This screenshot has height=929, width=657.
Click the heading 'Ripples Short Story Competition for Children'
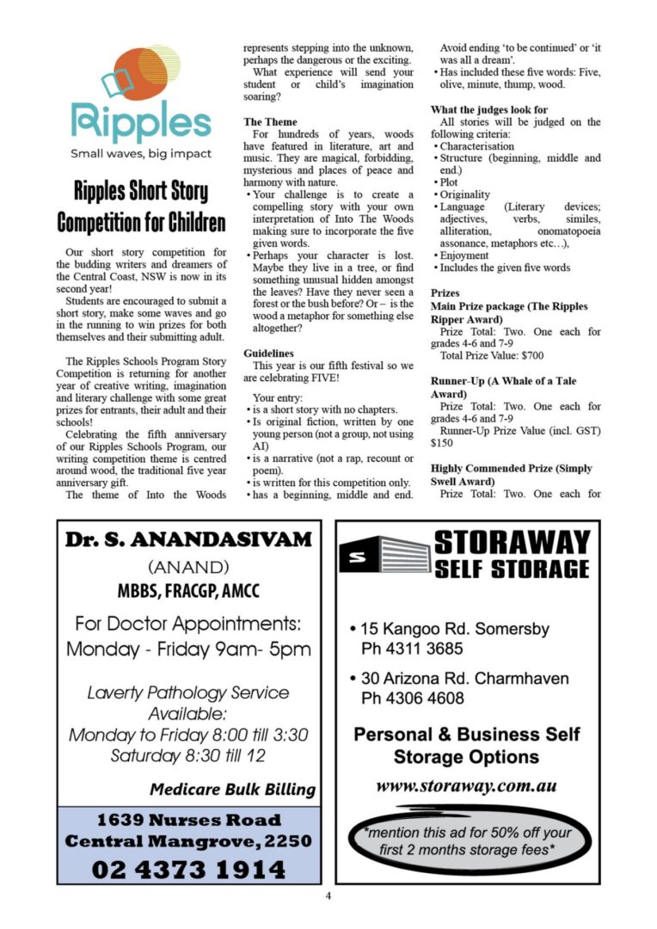(x=141, y=206)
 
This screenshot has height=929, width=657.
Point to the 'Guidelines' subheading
(x=268, y=354)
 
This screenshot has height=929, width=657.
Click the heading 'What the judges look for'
(x=488, y=110)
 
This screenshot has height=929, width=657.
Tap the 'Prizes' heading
(x=445, y=293)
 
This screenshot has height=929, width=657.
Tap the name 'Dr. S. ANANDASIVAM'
(x=187, y=540)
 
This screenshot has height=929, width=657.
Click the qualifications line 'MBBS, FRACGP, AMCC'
(x=187, y=592)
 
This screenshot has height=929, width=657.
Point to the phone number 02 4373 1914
(x=187, y=870)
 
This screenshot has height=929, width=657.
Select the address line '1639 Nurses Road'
(x=187, y=820)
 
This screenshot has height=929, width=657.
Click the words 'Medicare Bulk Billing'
(x=232, y=790)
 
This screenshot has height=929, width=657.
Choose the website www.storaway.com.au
(x=467, y=786)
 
